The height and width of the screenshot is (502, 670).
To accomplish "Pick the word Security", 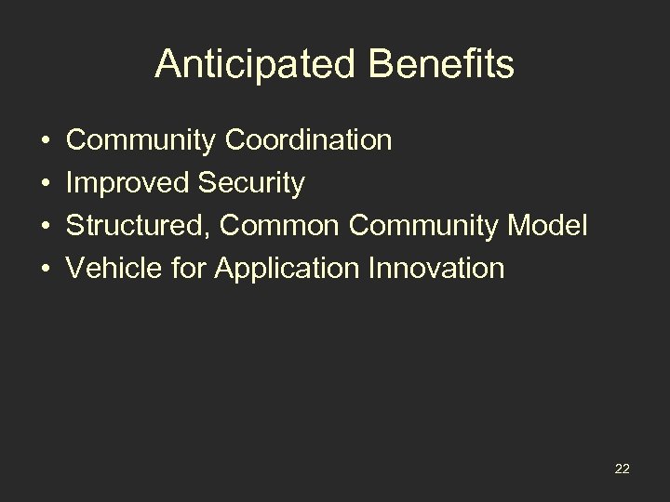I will (251, 184).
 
